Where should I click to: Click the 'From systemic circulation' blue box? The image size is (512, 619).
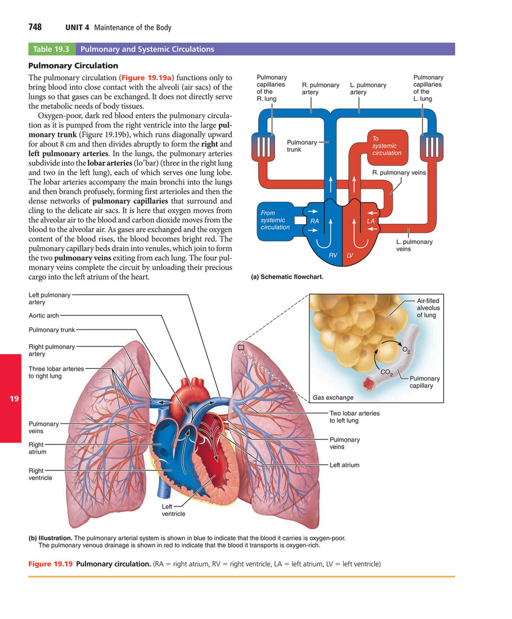275,220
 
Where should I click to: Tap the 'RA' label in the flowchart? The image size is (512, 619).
315,221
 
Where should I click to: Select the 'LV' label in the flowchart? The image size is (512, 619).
349,256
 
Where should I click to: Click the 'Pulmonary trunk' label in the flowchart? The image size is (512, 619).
302,146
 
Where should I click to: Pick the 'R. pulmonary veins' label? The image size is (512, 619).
399,173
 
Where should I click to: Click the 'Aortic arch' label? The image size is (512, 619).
43,316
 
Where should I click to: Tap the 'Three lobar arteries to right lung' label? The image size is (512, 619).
56,372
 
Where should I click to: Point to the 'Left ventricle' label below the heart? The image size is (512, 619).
173,510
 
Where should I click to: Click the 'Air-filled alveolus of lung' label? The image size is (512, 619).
428,308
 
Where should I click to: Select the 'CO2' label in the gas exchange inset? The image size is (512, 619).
387,372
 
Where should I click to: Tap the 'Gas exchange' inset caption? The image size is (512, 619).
333,398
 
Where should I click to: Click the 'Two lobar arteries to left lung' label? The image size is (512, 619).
354,417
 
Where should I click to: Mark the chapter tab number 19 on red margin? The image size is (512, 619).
15,399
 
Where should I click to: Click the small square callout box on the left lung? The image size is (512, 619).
241,348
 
